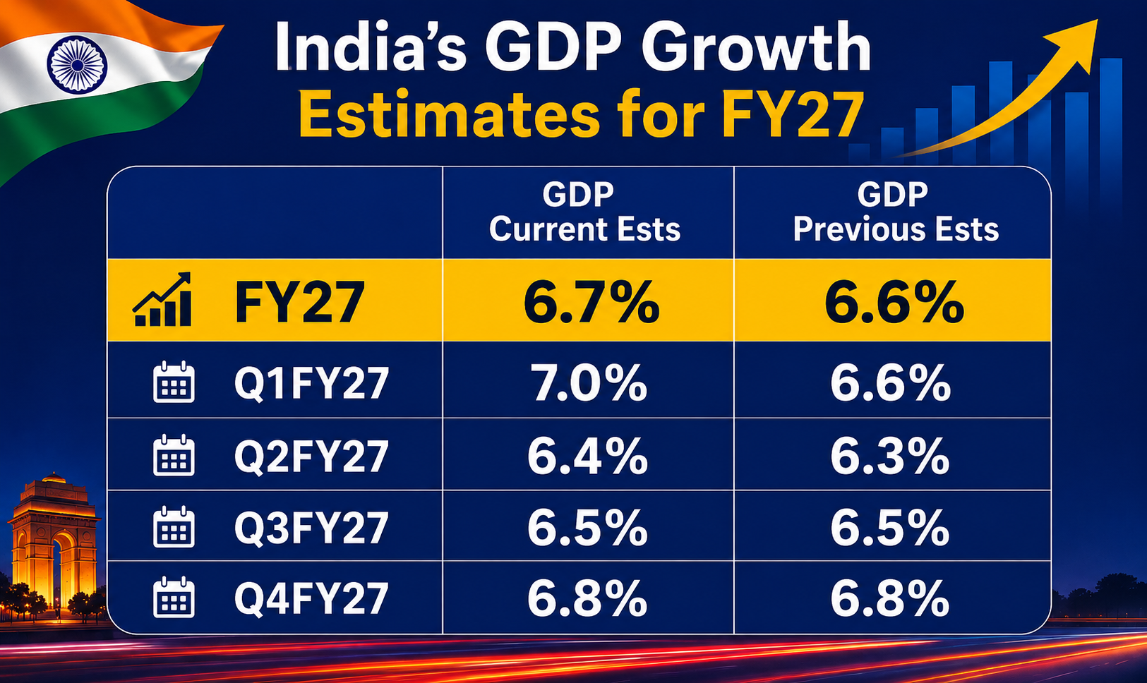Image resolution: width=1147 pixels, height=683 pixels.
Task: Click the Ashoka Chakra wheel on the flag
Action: point(78,64)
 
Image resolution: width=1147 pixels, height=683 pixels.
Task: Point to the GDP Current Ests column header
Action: point(584,212)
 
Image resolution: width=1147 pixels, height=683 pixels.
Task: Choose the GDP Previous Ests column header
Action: point(896,212)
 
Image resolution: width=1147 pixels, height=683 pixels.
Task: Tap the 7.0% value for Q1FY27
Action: point(589,382)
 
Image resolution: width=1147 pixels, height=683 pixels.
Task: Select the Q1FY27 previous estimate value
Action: point(891,382)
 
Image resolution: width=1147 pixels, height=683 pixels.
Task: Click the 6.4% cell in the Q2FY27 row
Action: point(587,455)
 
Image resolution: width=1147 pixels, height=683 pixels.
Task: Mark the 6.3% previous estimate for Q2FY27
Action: point(890,455)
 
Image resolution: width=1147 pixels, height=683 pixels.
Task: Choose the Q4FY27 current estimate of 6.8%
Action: point(587,598)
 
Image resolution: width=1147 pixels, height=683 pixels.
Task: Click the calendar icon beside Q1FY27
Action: point(174,382)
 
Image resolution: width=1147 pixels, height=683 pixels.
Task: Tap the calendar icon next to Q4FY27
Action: point(174,597)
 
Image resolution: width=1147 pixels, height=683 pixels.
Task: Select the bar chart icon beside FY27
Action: point(162,299)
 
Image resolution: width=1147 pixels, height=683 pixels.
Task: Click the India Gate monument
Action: point(54,540)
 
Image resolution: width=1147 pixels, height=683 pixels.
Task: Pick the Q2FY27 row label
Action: point(311,456)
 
